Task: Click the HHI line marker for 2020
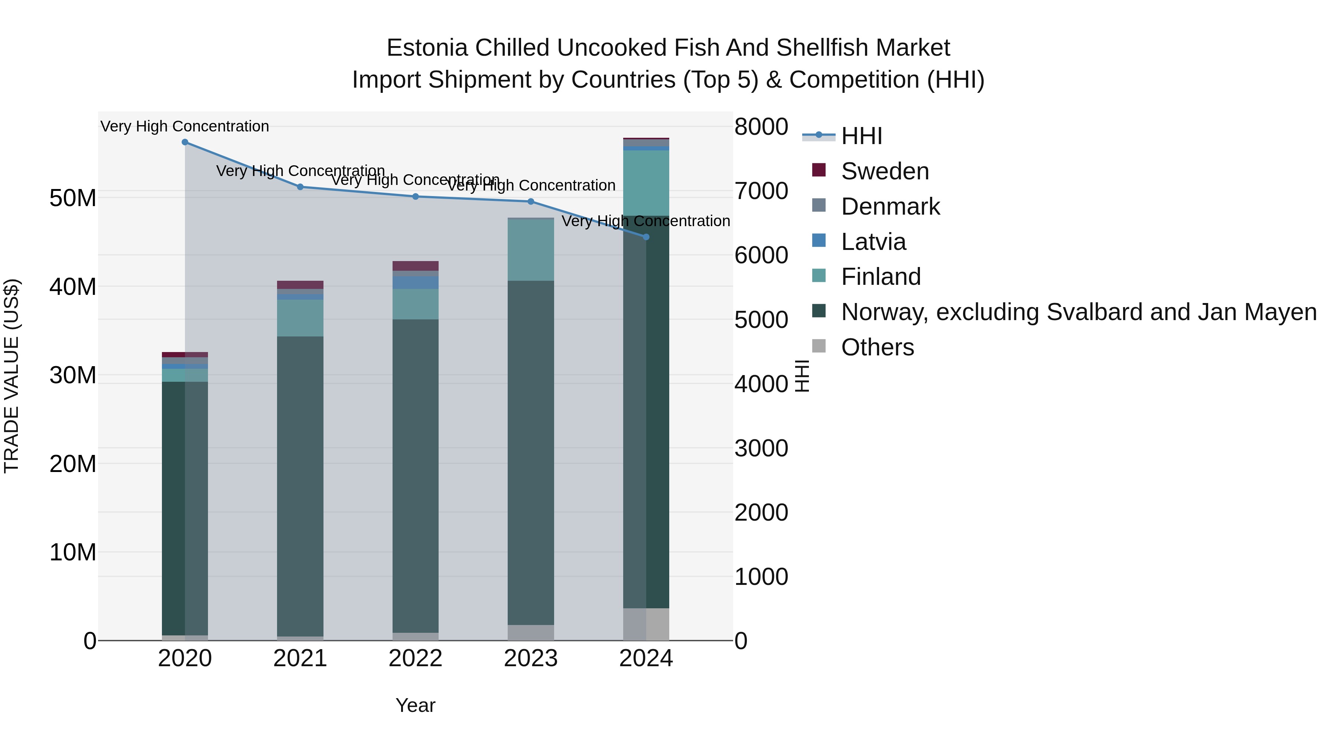click(185, 142)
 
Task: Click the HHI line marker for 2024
click(646, 237)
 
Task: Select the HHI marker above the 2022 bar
click(415, 197)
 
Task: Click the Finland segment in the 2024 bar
click(646, 183)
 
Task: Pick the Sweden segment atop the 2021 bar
click(300, 285)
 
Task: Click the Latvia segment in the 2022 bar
click(415, 283)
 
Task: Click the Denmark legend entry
click(890, 206)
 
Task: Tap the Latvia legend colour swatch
click(819, 241)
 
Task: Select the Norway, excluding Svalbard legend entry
click(1079, 312)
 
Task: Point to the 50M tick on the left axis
click(73, 198)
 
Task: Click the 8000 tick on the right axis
click(761, 127)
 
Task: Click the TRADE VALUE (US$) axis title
click(12, 376)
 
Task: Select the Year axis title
click(415, 705)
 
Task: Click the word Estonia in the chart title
click(427, 48)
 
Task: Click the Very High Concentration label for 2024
click(646, 221)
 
